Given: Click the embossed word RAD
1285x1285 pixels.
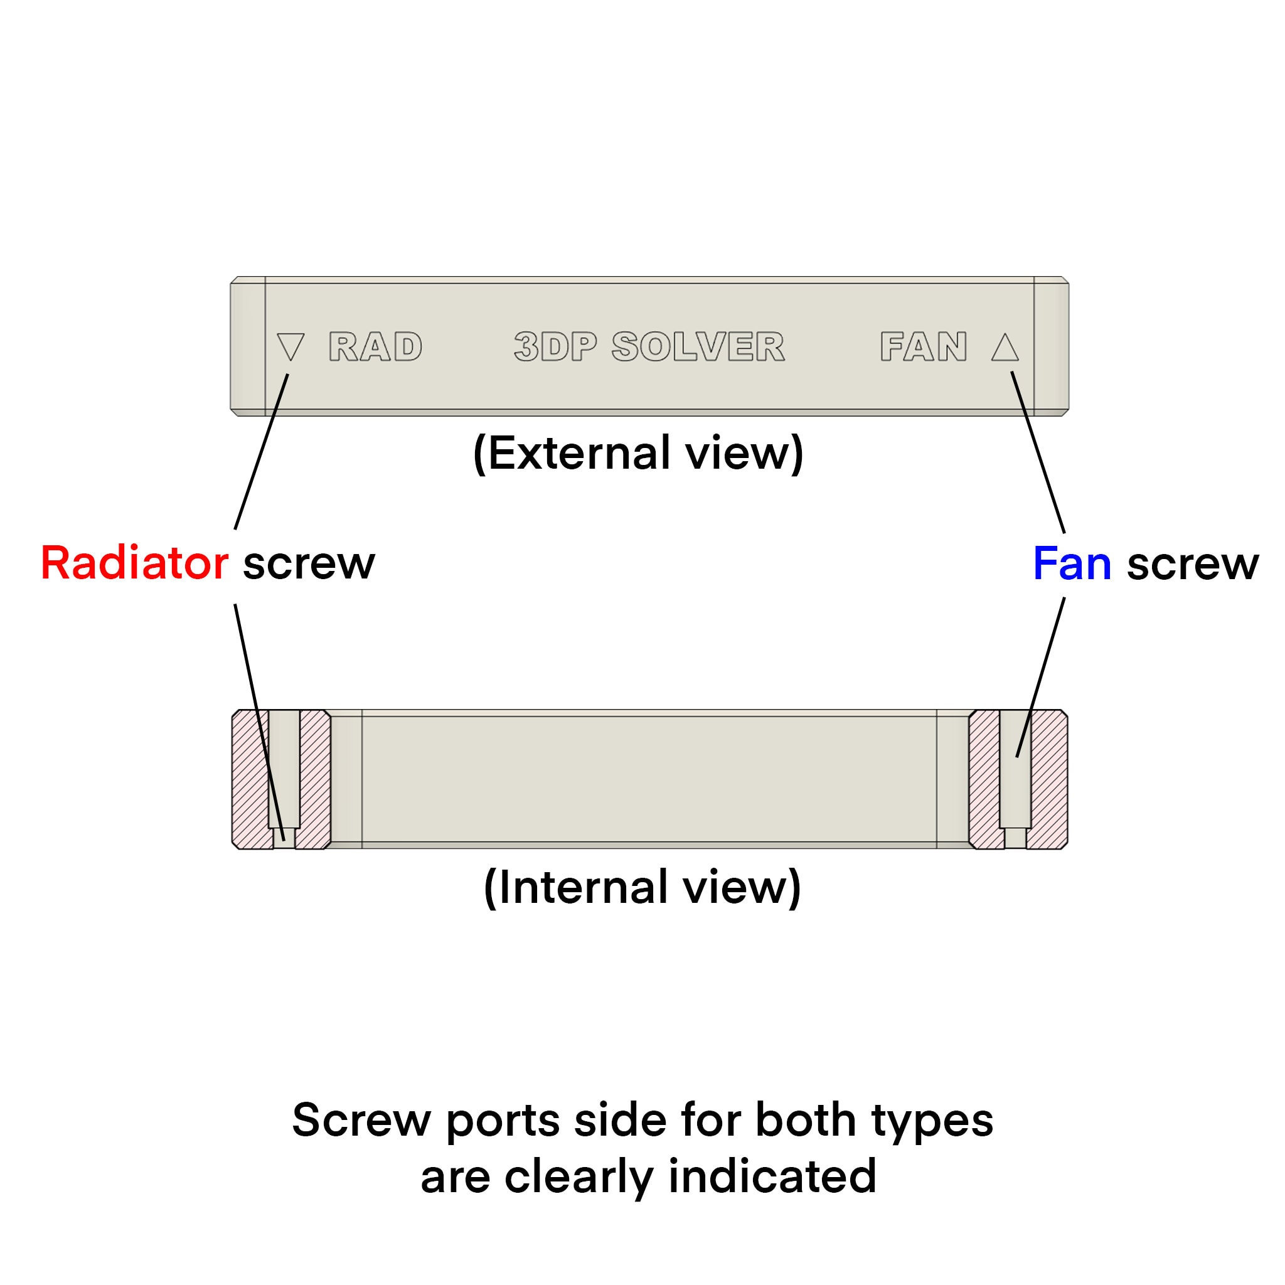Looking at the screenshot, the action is tap(376, 346).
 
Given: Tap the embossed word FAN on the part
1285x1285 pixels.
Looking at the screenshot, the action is tap(924, 346).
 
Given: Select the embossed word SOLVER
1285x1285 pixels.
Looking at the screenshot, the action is tap(698, 346).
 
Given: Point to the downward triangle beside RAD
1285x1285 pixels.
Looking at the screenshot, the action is tap(291, 345).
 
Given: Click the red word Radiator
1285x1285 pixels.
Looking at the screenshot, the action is tap(135, 563).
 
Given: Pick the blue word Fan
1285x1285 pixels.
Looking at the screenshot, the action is tap(1072, 563).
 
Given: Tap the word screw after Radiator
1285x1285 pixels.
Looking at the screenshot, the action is tap(309, 565).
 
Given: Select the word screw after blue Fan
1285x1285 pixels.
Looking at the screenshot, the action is tap(1193, 565).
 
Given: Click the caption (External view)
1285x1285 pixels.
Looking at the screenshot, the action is tap(639, 454).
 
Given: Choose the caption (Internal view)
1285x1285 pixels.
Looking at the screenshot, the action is tap(642, 887).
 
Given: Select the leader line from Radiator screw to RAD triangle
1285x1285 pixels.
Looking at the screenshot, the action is tap(262, 452).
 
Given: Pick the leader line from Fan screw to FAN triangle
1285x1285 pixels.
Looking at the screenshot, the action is tap(1038, 452).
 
